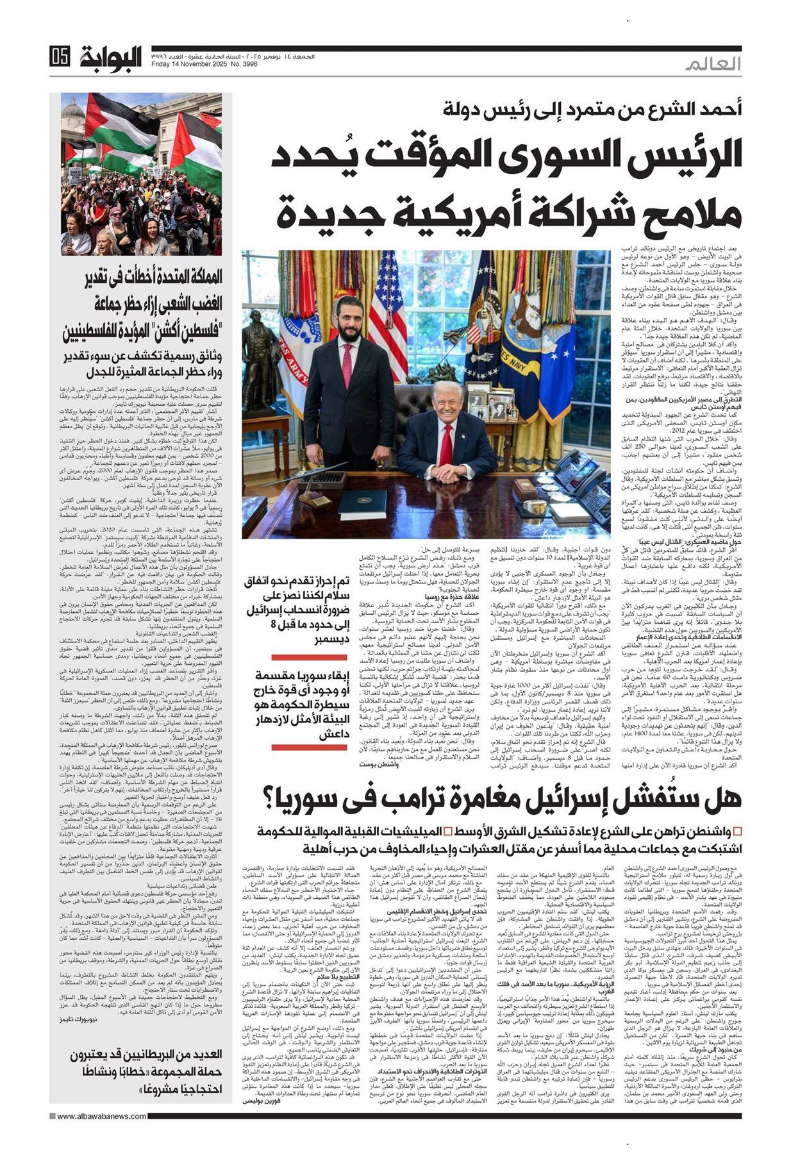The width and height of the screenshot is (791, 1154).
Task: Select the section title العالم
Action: [x=712, y=65]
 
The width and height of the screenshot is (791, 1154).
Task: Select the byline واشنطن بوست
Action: [x=363, y=765]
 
